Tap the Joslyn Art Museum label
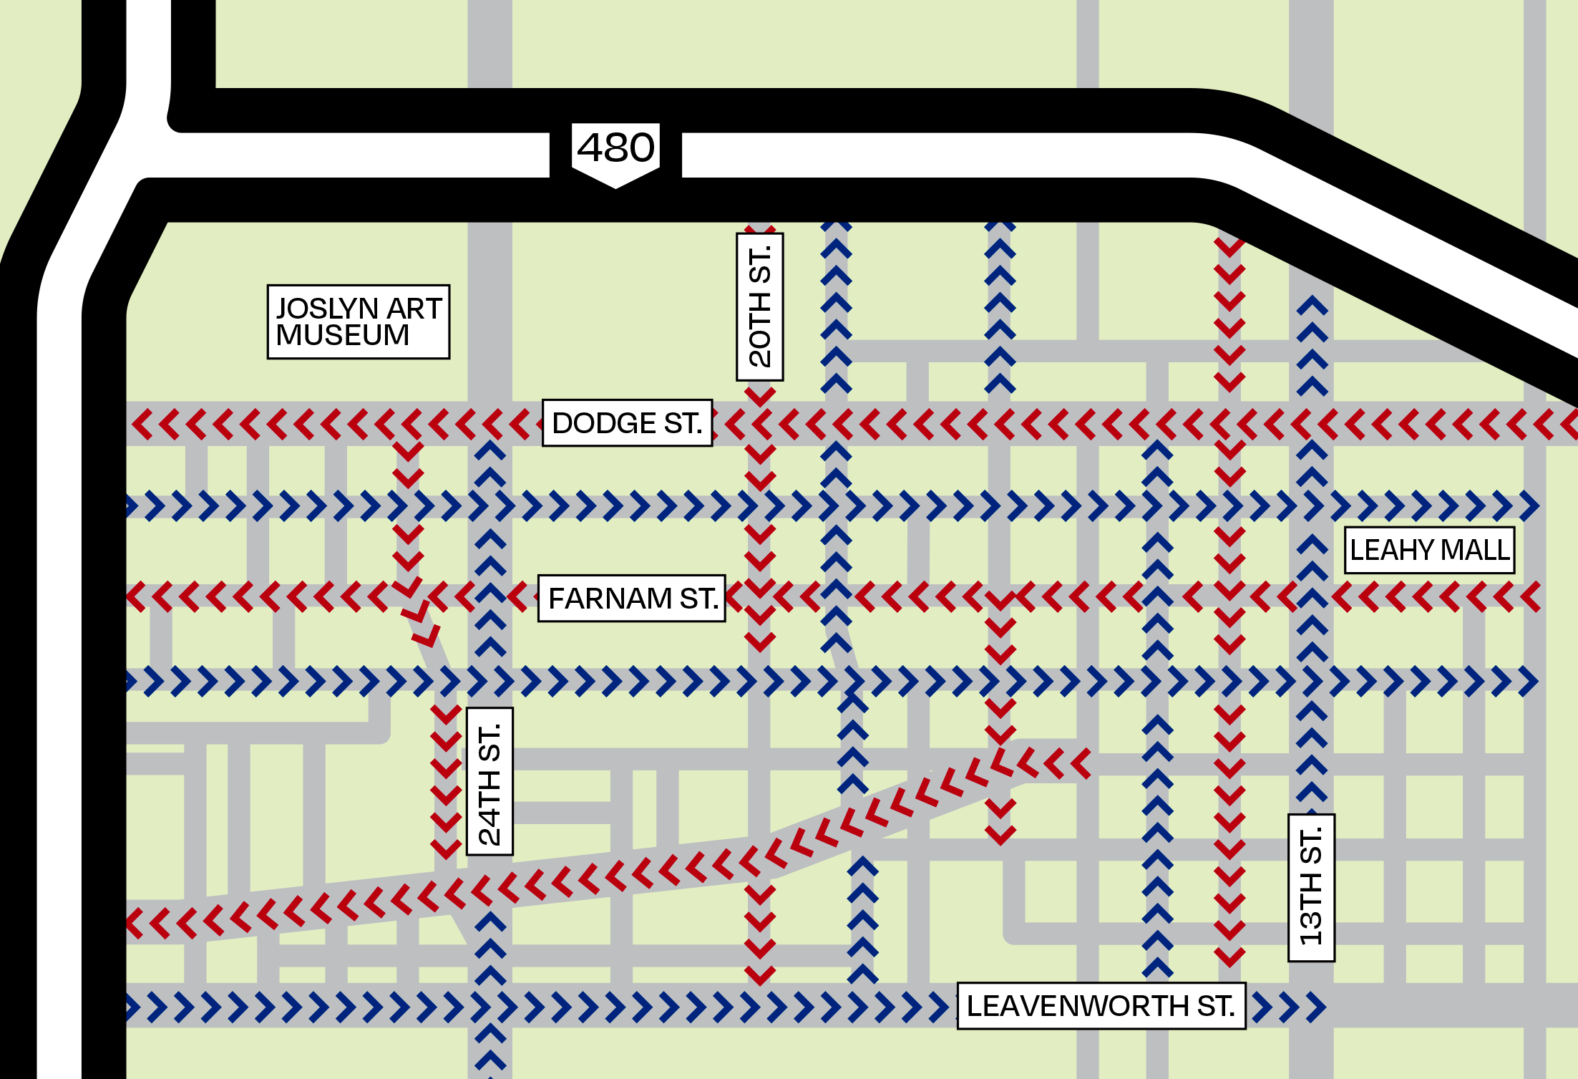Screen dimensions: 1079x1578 [x=359, y=321]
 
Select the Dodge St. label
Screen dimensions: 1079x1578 [x=627, y=423]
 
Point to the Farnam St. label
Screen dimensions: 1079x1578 [x=631, y=599]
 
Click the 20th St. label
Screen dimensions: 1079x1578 [x=760, y=306]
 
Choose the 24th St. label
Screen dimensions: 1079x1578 [x=490, y=781]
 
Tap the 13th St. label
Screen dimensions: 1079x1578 [x=1311, y=888]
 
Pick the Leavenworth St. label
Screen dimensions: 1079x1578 [x=1101, y=1006]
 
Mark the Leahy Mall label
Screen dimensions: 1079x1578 [x=1430, y=550]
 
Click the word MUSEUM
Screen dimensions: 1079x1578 [x=343, y=335]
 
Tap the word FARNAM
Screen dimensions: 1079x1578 [x=610, y=599]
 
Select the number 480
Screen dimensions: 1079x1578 [x=615, y=147]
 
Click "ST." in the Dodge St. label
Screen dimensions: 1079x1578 [x=683, y=423]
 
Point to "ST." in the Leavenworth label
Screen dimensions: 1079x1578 [x=1217, y=1006]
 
